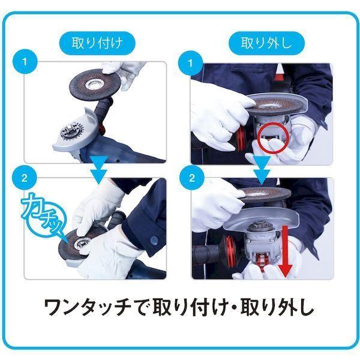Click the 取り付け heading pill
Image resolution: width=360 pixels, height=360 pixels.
point(97,43)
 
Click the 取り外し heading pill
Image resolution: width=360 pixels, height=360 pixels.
point(266,43)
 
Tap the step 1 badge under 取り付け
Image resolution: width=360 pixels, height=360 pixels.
point(25,62)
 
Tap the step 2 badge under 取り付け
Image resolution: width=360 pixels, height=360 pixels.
point(25,178)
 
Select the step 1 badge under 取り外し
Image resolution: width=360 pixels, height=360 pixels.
point(191,64)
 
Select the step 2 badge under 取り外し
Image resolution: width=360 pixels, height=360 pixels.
point(191,178)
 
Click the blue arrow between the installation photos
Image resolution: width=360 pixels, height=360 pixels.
point(99,169)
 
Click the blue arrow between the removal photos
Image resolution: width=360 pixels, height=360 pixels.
point(262,170)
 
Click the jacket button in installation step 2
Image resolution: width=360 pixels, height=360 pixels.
point(154,241)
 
